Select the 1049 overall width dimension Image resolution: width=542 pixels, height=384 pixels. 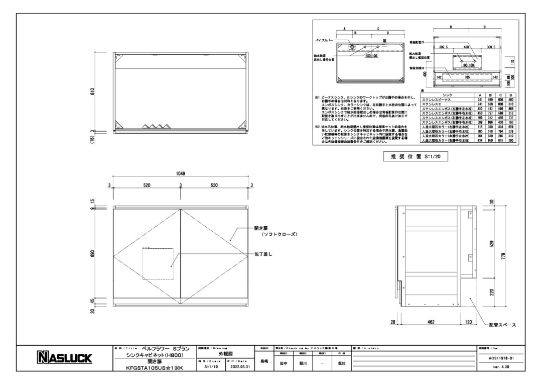(181, 173)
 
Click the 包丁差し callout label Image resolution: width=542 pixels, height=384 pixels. (263, 254)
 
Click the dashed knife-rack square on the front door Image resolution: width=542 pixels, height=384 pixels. (158, 263)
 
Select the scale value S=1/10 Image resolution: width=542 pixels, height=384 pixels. (208, 366)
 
